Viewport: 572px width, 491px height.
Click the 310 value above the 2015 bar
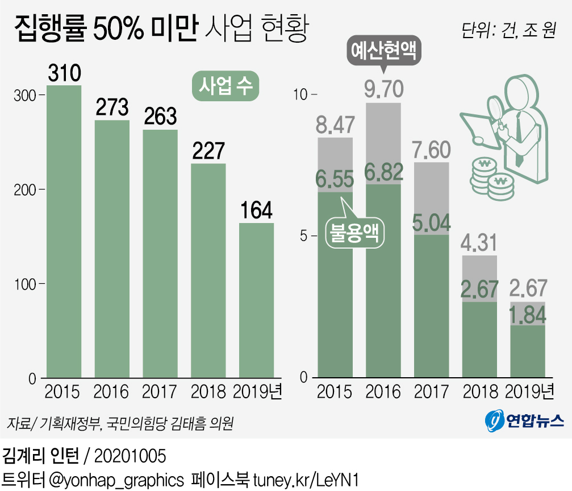point(64,73)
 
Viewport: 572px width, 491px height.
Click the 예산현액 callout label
point(383,53)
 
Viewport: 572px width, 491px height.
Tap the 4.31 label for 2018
point(479,243)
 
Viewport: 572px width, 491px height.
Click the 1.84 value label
point(528,314)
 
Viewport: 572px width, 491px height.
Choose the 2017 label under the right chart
point(431,391)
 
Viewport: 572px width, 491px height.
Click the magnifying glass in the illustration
point(492,108)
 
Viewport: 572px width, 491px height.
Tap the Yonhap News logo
point(523,420)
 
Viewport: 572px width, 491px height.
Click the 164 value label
point(256,210)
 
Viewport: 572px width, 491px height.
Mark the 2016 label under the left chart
point(111,391)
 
